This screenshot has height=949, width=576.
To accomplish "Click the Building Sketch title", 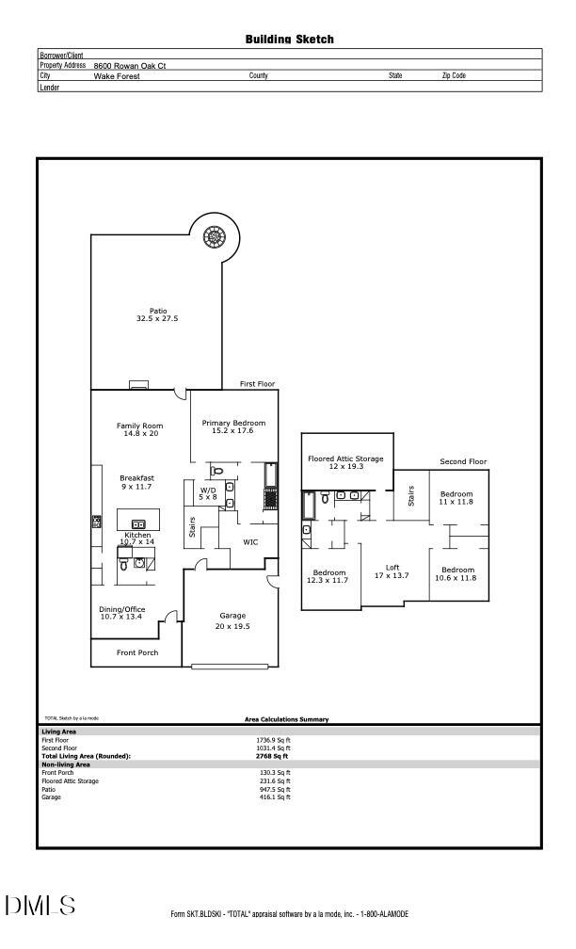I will [x=289, y=40].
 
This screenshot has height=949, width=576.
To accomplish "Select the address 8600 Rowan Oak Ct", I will [x=130, y=66].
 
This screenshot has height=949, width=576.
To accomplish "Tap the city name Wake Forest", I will [x=117, y=76].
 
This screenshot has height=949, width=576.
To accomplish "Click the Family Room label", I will [x=139, y=430].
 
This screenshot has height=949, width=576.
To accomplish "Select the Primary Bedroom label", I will [x=233, y=426].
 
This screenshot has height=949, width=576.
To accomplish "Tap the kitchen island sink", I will [x=137, y=524].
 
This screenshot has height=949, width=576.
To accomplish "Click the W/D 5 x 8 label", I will [x=208, y=493].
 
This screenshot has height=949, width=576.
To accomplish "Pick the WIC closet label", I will [x=250, y=542].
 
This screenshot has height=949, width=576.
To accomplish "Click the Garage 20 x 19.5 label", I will [x=232, y=621].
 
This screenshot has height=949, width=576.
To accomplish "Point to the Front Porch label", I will [x=137, y=652].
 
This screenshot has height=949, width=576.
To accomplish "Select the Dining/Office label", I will [x=122, y=613].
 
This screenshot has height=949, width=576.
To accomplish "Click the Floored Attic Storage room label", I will [x=345, y=462].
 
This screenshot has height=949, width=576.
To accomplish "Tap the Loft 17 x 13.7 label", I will [x=392, y=571].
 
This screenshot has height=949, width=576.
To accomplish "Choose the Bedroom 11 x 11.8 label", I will [x=456, y=498].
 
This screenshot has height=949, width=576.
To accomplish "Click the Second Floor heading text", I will [x=463, y=462].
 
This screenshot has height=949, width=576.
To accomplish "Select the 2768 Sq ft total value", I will [x=272, y=756].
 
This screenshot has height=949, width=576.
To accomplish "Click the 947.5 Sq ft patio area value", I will [x=275, y=789].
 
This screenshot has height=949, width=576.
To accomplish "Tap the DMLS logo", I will [x=40, y=906].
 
